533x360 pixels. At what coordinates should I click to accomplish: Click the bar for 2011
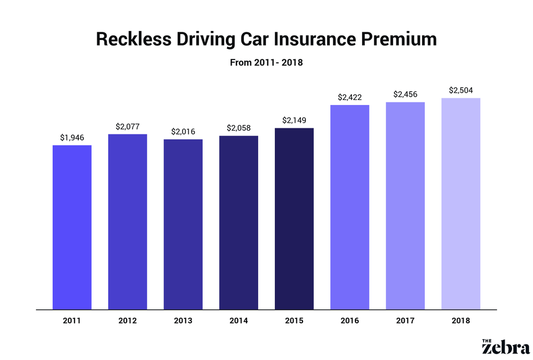[x=72, y=227]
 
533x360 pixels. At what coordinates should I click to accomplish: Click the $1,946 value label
[x=72, y=137]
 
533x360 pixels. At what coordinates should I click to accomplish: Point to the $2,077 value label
[x=128, y=126]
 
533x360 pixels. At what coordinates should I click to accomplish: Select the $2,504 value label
[x=461, y=90]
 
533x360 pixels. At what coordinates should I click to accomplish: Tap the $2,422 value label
[x=350, y=97]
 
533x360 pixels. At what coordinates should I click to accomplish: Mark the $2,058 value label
[x=239, y=128]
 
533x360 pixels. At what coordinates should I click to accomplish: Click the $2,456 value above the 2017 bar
[x=405, y=94]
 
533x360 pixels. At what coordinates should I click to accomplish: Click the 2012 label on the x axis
[x=128, y=321]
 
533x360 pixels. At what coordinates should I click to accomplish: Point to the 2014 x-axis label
[x=239, y=321]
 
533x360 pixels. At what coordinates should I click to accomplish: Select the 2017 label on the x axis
[x=405, y=321]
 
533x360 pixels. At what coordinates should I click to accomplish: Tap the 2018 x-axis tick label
[x=461, y=321]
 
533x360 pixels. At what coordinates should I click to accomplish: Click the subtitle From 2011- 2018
[x=266, y=63]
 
